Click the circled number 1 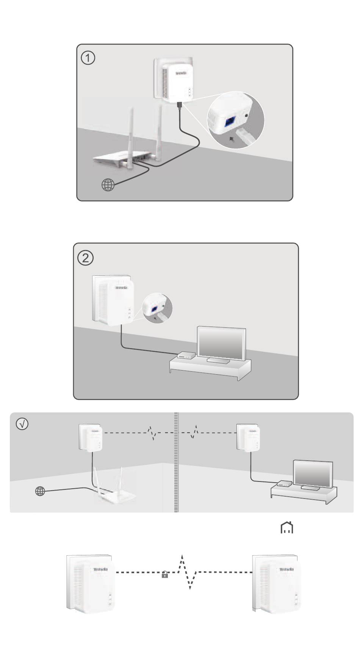89,58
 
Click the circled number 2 86,258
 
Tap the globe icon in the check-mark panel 40,491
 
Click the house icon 286,528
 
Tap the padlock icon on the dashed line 165,575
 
